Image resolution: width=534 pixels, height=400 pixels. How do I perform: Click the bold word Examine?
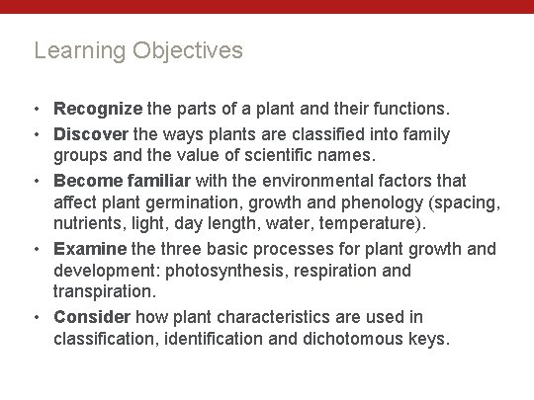[90, 248]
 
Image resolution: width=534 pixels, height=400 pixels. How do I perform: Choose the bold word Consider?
[92, 317]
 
